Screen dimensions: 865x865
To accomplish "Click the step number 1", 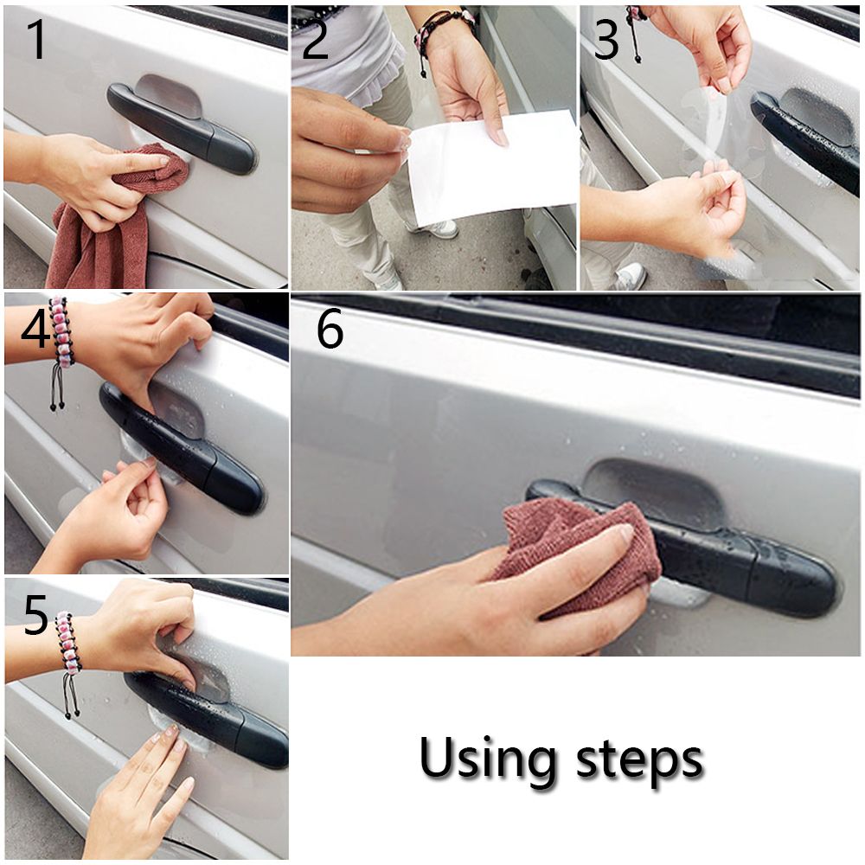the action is pyautogui.click(x=36, y=39).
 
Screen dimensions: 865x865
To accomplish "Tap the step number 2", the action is pyautogui.click(x=316, y=39).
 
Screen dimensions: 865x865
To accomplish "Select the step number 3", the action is pyautogui.click(x=607, y=39).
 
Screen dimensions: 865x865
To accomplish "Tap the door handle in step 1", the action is pyautogui.click(x=181, y=129).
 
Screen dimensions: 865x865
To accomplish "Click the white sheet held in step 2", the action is pyautogui.click(x=491, y=165).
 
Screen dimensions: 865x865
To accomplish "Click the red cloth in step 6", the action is pyautogui.click(x=580, y=546).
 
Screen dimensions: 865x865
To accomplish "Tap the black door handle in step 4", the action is pyautogui.click(x=181, y=450).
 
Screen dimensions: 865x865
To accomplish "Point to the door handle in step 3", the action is pyautogui.click(x=805, y=141).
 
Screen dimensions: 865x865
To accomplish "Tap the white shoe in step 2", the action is pyautogui.click(x=436, y=227).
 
